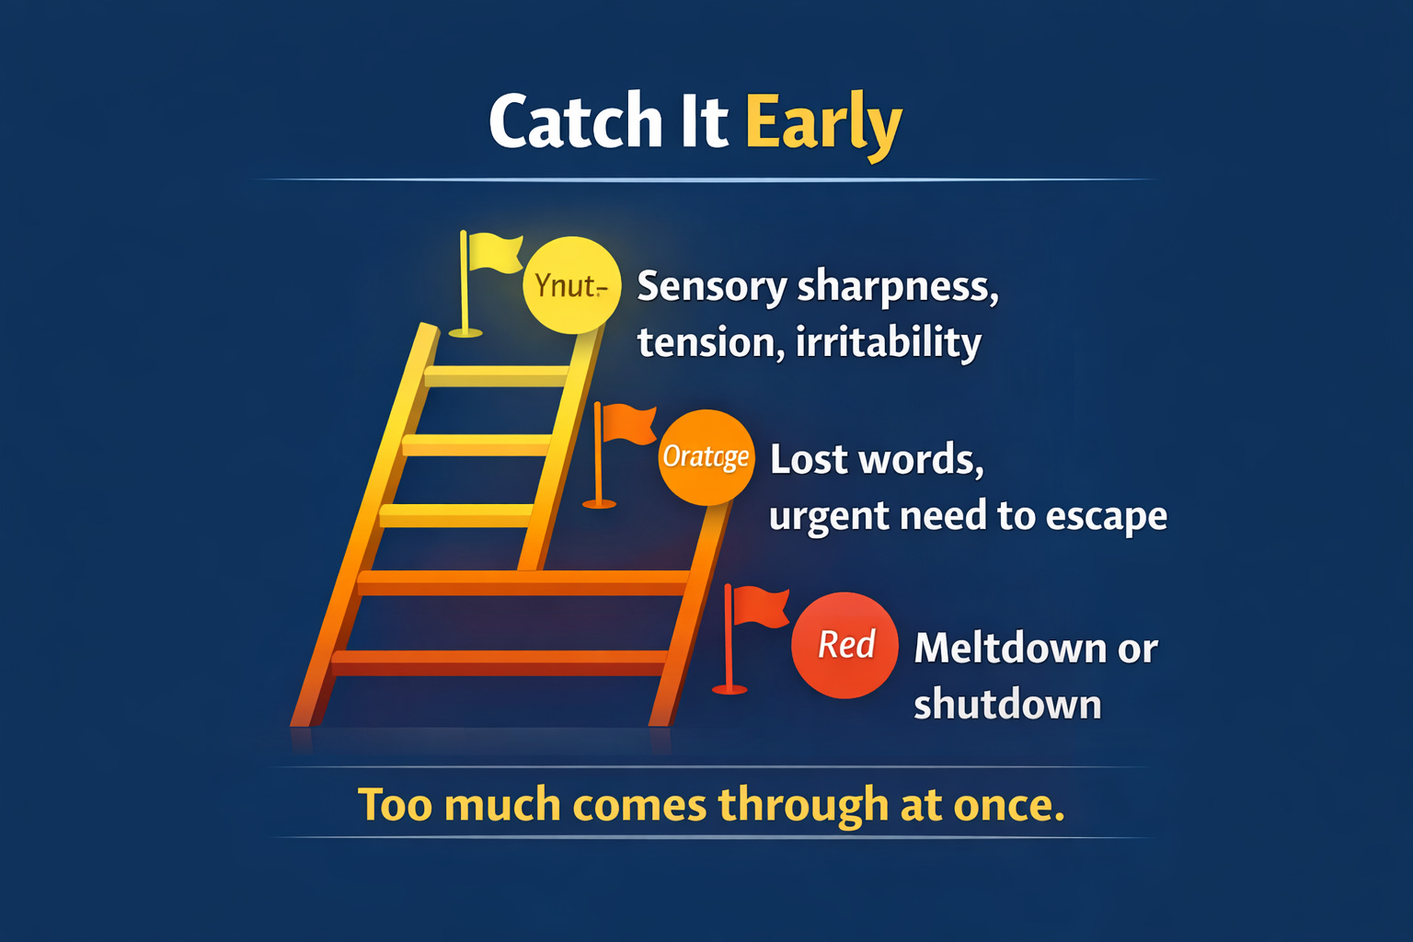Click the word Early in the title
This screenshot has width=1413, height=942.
822,122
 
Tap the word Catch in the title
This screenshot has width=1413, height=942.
575,122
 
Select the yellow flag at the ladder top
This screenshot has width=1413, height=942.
493,254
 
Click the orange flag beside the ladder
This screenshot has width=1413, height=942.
628,424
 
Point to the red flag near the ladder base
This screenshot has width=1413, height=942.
760,607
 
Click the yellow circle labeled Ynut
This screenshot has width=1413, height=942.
571,285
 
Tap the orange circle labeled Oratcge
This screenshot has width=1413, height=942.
706,457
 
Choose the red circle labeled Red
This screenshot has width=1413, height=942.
844,645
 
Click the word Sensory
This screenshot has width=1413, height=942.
711,287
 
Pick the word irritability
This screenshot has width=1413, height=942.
888,342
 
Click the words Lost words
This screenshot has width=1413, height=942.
876,459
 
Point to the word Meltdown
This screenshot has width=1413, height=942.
1010,648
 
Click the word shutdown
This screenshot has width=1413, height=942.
1007,705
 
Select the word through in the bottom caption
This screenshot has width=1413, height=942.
803,805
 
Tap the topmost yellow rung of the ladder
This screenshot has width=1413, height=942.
497,375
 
